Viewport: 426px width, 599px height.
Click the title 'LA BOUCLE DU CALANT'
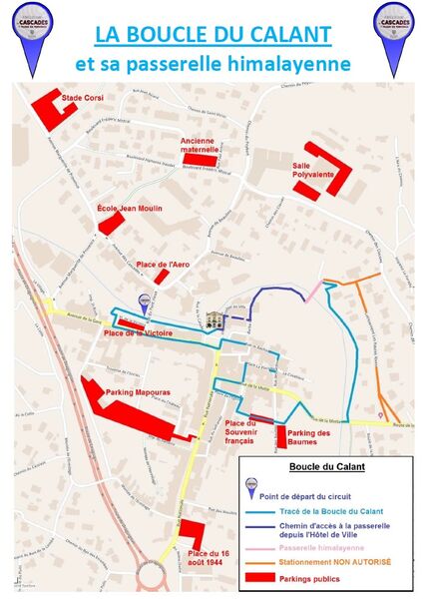[213, 34]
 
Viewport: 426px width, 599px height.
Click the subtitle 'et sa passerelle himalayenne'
[213, 64]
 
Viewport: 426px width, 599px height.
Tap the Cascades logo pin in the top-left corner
[33, 29]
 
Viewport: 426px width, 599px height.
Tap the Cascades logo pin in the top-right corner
[393, 29]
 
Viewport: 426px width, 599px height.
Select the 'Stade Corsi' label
[83, 98]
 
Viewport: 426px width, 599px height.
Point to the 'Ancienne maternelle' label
[203, 145]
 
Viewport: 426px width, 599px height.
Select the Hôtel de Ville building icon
[213, 320]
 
